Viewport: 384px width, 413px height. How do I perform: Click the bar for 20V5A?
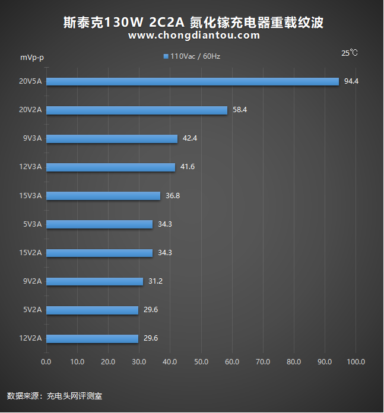pos(192,82)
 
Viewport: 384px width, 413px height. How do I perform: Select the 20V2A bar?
pos(137,110)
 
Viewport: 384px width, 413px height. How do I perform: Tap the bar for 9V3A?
pos(112,139)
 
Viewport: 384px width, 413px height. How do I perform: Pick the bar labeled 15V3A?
pos(103,196)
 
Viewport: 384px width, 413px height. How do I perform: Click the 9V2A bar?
pos(94,281)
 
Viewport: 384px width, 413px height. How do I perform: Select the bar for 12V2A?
pos(92,338)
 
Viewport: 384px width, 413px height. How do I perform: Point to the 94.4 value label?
pos(351,81)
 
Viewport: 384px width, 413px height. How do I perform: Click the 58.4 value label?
pos(240,110)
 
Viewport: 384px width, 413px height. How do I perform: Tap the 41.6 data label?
pos(188,167)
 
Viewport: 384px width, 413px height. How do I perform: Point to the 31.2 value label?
pos(155,281)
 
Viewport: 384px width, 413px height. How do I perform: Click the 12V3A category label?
pos(30,167)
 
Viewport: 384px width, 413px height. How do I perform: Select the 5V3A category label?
pos(32,224)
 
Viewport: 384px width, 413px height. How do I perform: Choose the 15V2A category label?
pos(30,252)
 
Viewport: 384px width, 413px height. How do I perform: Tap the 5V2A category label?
pos(32,309)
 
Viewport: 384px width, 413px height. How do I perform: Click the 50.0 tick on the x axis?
pos(201,362)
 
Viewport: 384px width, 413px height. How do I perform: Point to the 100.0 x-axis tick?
pos(356,362)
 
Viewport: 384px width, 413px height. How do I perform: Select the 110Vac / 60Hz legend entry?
pos(192,56)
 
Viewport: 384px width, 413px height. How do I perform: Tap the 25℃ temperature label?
pos(350,53)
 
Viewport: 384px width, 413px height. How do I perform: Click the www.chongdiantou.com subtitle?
pos(194,36)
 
